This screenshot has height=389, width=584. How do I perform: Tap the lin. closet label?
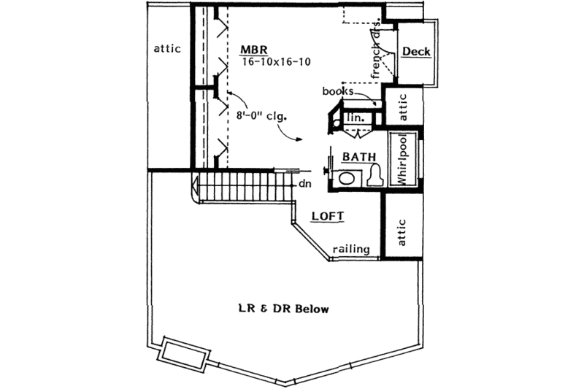tap(356, 118)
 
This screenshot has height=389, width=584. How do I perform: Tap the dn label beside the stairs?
tap(304, 184)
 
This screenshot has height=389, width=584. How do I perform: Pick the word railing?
tap(351, 249)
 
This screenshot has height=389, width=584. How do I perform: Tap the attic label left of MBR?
tap(167, 49)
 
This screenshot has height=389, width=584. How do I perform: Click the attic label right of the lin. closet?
tap(401, 109)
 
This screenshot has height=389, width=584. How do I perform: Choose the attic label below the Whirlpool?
tap(401, 232)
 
